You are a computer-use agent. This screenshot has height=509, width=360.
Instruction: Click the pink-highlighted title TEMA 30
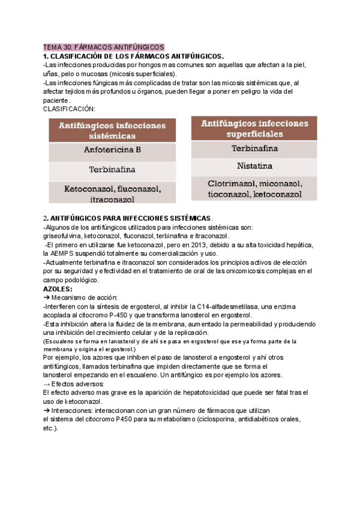pyautogui.click(x=103, y=47)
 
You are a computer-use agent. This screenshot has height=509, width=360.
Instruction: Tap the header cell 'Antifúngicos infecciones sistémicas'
pyautogui.click(x=112, y=131)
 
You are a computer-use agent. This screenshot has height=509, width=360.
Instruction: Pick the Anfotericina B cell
pyautogui.click(x=112, y=151)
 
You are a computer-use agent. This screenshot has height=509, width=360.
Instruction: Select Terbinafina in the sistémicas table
pyautogui.click(x=112, y=170)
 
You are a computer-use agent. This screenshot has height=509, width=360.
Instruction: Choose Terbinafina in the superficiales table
pyautogui.click(x=254, y=148)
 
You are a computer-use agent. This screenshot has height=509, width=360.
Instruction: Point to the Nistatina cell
pyautogui.click(x=254, y=166)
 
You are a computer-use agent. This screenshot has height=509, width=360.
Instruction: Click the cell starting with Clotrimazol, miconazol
pyautogui.click(x=254, y=189)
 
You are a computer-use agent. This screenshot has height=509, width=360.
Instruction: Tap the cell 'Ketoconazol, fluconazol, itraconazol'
pyautogui.click(x=112, y=193)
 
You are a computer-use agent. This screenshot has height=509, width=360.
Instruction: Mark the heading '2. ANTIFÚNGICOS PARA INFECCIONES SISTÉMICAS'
pyautogui.click(x=128, y=218)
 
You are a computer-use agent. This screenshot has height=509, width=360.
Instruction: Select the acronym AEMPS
pyautogui.click(x=65, y=253)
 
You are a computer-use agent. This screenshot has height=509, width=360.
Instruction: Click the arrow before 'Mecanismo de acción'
pyautogui.click(x=47, y=297)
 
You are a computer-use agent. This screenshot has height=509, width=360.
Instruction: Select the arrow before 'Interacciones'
pyautogui.click(x=47, y=410)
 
